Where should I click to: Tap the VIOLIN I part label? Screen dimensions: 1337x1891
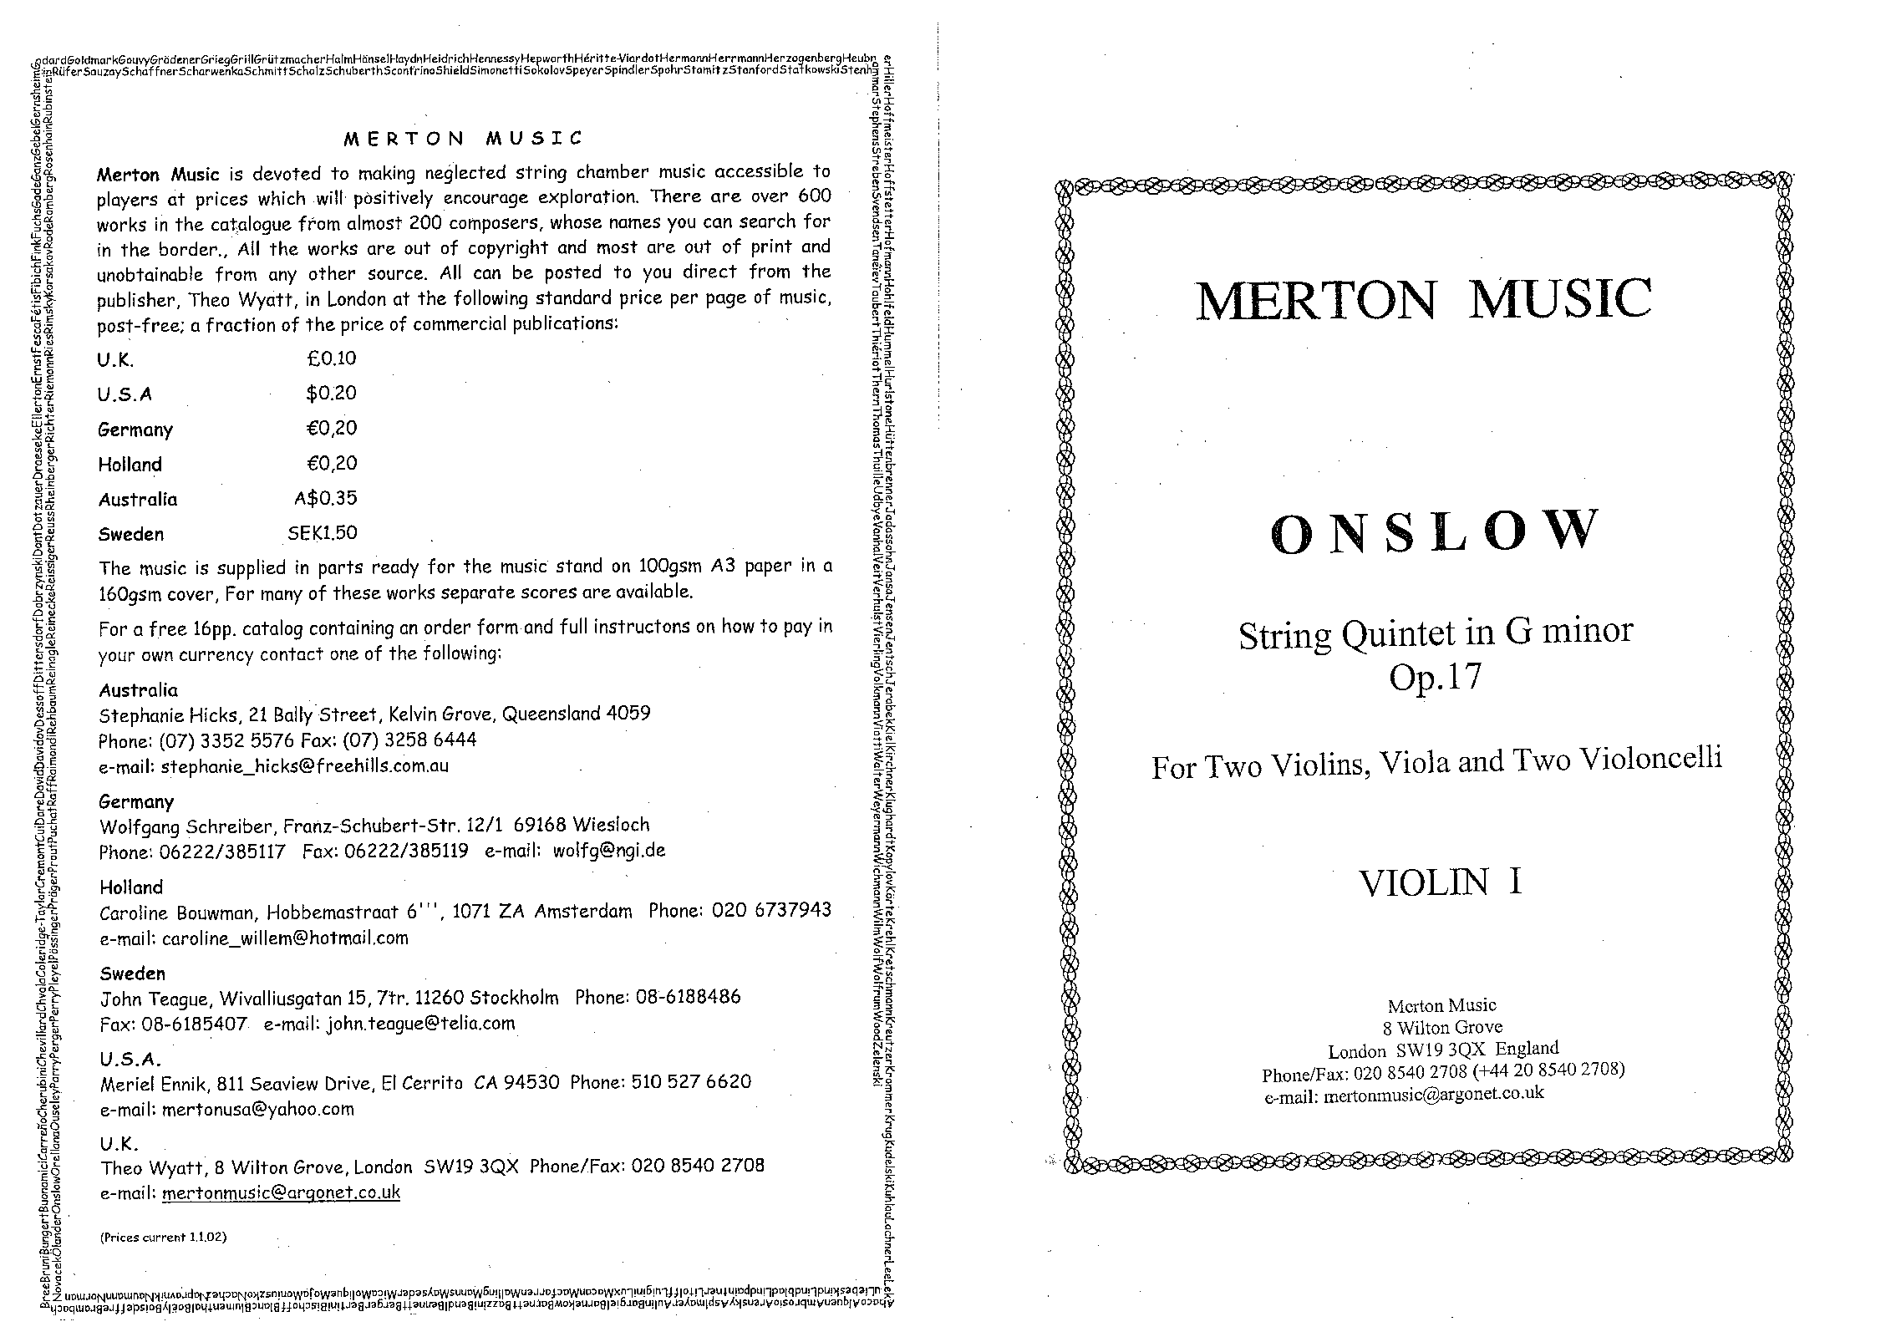1440,883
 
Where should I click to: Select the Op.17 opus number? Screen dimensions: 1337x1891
1435,675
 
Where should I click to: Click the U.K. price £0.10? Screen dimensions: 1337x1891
331,358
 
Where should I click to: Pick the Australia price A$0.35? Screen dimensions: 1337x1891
325,498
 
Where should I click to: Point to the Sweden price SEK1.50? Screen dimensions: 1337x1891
322,533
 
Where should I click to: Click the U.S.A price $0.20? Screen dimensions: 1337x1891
331,393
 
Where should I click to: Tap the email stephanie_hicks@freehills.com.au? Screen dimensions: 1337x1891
304,766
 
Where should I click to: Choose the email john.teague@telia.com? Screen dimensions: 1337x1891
420,1024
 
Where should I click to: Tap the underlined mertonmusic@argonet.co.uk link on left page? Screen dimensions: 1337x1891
281,1192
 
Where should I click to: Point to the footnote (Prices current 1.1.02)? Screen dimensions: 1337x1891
163,1238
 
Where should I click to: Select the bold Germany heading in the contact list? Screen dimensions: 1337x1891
136,802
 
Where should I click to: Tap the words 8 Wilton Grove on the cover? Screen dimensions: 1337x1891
1442,1027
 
